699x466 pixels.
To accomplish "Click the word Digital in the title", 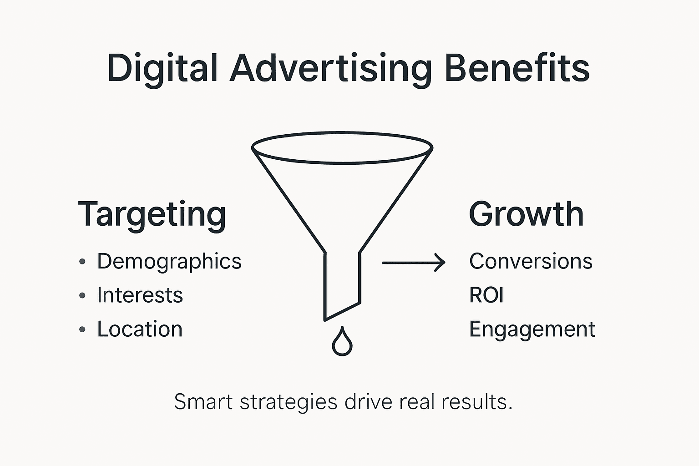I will (162, 68).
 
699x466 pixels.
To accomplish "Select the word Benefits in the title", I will (517, 68).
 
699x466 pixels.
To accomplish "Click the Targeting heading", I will (152, 214).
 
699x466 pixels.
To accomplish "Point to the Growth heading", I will (526, 214).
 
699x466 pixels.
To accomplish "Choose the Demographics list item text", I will (169, 262).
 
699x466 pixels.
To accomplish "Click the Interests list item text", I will (140, 295).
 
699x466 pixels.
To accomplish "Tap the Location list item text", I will (140, 329).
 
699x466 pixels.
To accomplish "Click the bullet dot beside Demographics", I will (82, 262).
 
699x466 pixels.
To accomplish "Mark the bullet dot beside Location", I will (82, 329).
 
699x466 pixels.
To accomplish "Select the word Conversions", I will (531, 261).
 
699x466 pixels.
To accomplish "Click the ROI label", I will (486, 295).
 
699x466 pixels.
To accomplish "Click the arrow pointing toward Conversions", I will (413, 263).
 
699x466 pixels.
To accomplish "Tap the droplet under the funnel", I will (342, 342).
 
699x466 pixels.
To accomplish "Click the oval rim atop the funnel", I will (342, 133).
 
